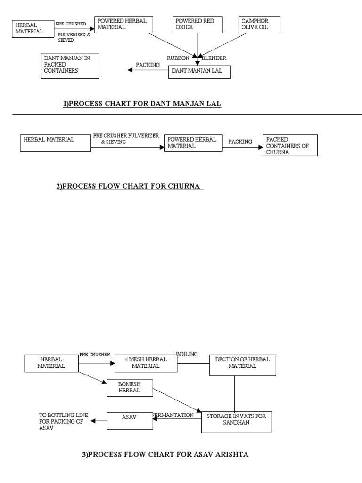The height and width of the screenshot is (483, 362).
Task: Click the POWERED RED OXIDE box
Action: coord(198,25)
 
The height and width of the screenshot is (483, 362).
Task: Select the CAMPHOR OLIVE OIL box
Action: coord(259,25)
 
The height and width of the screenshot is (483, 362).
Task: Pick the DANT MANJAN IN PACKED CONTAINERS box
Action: coord(70,66)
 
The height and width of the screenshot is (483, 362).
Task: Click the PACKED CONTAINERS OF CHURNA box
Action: coord(290,145)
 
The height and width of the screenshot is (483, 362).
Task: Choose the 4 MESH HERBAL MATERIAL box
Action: coord(146,363)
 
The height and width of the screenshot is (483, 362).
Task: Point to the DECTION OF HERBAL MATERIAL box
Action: coord(243,365)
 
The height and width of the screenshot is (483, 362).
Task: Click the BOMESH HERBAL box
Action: coord(130,388)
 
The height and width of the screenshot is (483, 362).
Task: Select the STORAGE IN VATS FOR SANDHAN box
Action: coord(237,419)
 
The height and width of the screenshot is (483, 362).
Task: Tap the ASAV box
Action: coord(130,421)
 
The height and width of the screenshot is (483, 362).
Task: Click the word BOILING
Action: coord(187,354)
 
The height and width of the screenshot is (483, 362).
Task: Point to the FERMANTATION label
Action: coord(173,415)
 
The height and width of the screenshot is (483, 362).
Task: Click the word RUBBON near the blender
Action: coord(178,58)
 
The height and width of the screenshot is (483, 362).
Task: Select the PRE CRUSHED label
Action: coord(71,24)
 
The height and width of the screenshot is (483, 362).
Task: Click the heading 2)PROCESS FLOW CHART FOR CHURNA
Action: coord(130,187)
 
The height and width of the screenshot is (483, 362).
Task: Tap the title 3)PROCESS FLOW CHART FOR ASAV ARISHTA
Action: coord(165,455)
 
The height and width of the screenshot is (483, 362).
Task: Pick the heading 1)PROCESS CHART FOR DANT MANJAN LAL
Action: coord(142,104)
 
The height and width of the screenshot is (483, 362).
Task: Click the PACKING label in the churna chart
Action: coord(240,142)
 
